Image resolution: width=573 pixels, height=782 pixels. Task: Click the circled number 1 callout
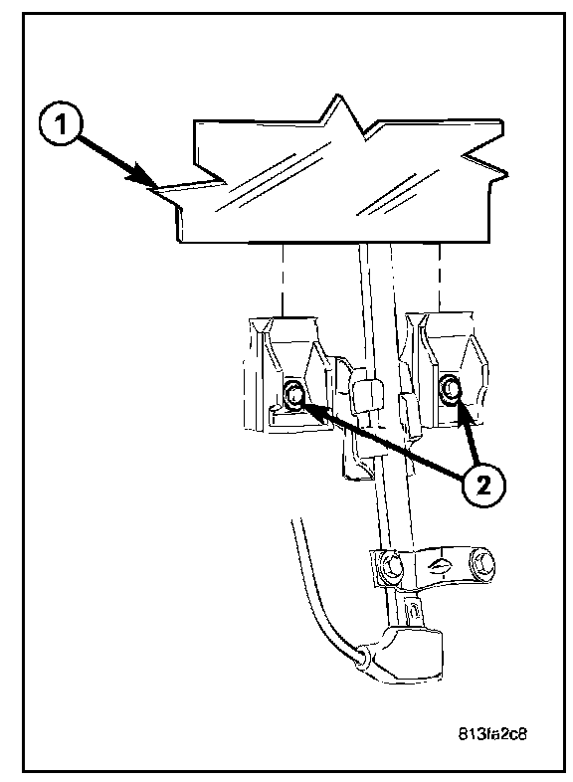coord(60,124)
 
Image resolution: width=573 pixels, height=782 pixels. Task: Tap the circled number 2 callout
coord(482,486)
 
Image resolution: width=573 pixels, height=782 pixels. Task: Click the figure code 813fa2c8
coord(491,733)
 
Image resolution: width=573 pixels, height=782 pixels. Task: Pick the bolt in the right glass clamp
coord(450,389)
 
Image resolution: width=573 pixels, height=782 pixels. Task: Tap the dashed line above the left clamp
coord(283,279)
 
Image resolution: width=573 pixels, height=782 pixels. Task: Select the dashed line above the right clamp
coord(440,278)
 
